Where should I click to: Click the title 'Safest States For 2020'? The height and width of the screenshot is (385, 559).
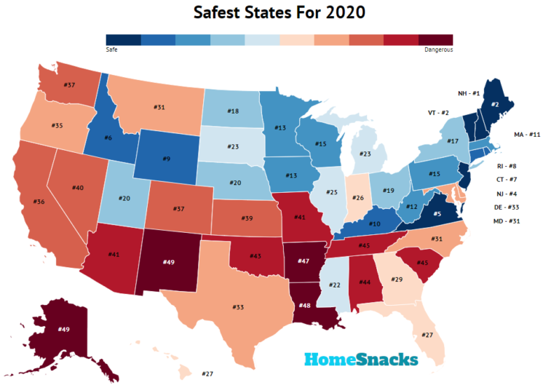(279, 13)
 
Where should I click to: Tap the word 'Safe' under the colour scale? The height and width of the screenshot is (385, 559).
(112, 50)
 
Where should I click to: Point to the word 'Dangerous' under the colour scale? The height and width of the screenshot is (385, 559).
(438, 50)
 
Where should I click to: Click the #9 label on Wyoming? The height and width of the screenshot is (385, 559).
(167, 158)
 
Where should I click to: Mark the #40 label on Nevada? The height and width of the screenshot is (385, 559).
(78, 188)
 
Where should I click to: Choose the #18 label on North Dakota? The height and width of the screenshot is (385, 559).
(233, 111)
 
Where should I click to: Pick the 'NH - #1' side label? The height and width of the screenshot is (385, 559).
(449, 94)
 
